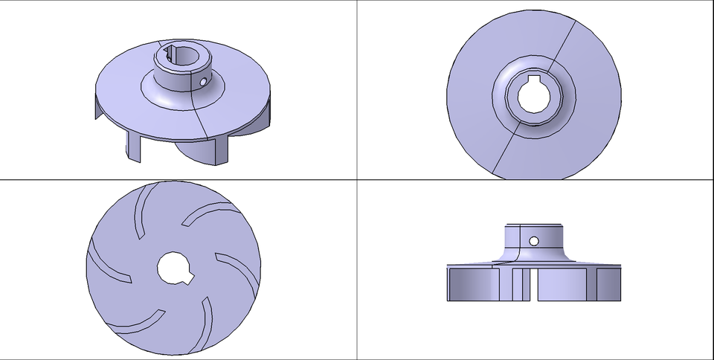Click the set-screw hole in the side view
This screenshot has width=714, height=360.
click(x=534, y=241)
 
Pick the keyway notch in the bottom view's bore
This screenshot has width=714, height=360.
click(x=187, y=280)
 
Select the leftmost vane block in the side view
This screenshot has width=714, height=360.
click(x=473, y=283)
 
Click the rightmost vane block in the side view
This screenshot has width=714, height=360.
click(x=608, y=283)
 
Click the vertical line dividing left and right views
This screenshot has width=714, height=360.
click(x=357, y=223)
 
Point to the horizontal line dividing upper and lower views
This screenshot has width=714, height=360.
click(x=223, y=179)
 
